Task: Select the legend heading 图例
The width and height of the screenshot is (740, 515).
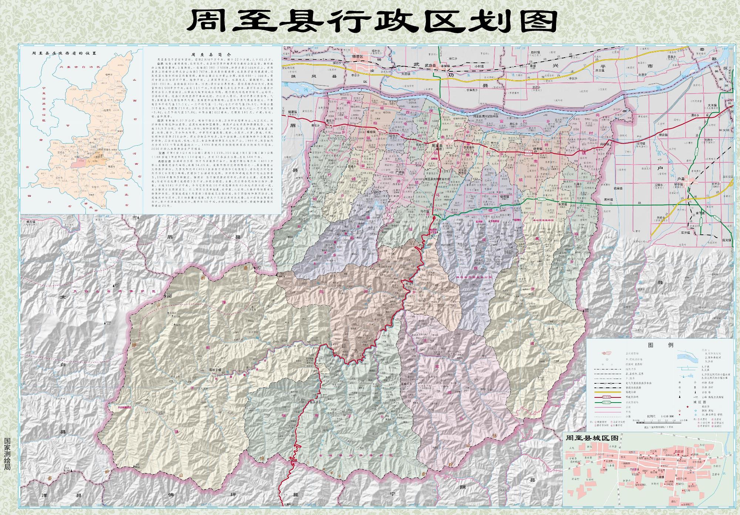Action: pyautogui.click(x=660, y=345)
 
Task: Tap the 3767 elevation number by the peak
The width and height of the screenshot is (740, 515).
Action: pyautogui.click(x=169, y=297)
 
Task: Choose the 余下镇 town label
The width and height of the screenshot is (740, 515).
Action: pyautogui.click(x=700, y=213)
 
